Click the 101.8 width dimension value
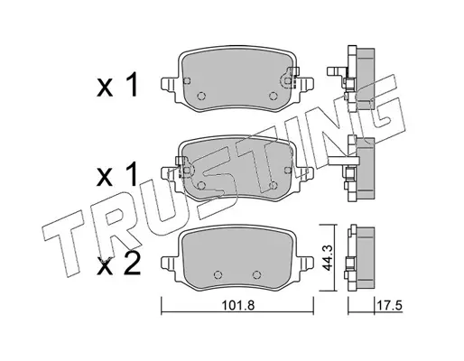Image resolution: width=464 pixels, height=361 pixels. point(238,306)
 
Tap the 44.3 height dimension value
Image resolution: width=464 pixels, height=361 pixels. point(326,257)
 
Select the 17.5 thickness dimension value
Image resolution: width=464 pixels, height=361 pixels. point(389,306)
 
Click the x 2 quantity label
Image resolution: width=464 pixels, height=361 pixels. point(118,264)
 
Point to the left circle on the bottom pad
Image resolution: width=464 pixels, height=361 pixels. point(218,274)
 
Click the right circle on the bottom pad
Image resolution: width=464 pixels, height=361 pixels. point(256,274)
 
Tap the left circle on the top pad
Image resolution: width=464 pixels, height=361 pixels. point(201,96)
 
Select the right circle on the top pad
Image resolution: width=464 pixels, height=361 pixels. point(273,96)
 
